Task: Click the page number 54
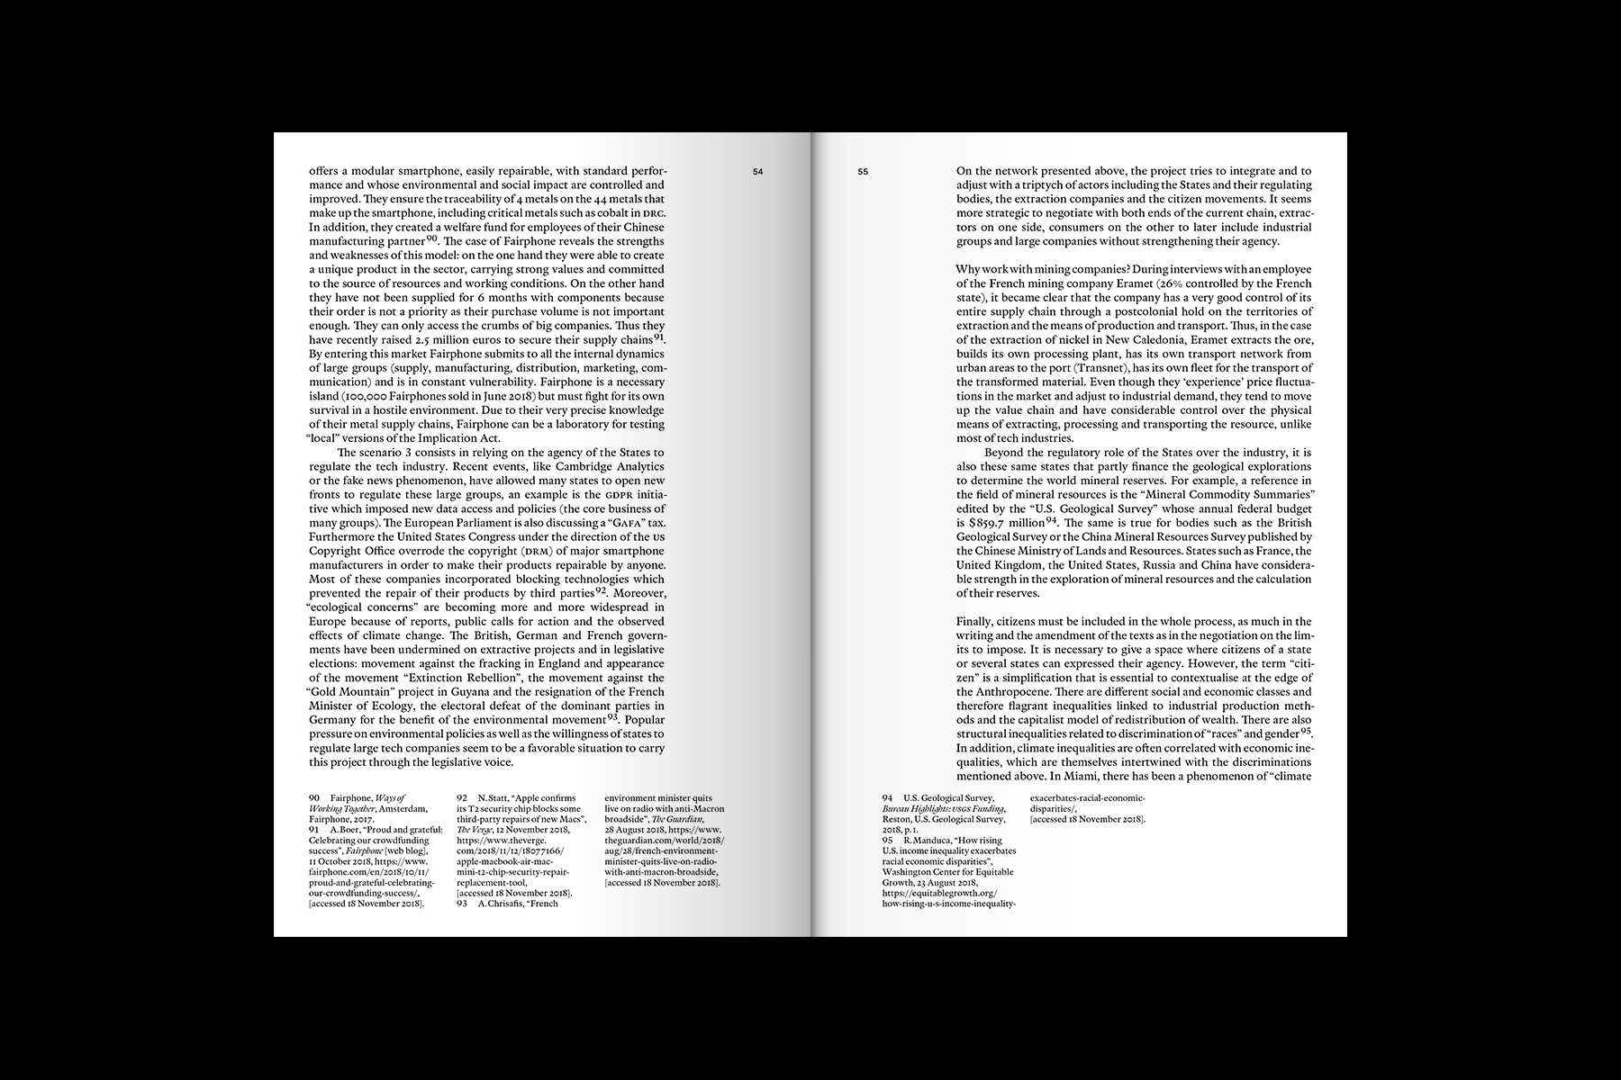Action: (x=758, y=171)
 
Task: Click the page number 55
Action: (x=862, y=171)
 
